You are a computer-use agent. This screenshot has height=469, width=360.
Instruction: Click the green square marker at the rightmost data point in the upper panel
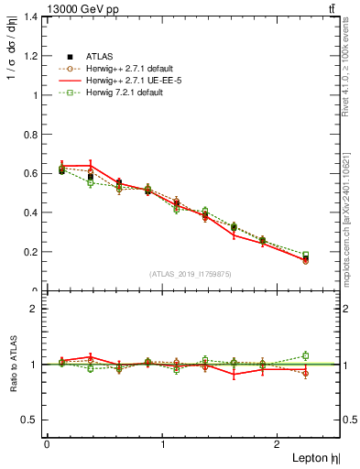pos(306,255)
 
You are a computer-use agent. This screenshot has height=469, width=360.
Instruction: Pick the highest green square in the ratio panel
pos(306,355)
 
